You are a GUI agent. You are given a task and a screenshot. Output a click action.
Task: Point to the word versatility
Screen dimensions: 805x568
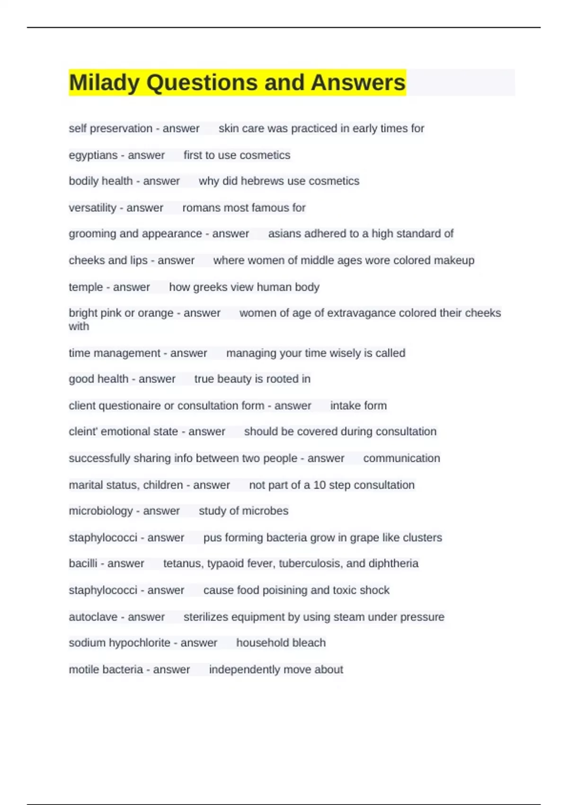point(92,208)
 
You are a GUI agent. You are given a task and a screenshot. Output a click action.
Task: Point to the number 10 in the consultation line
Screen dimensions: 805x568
point(319,485)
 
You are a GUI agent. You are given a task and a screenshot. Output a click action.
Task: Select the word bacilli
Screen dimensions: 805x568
point(83,563)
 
